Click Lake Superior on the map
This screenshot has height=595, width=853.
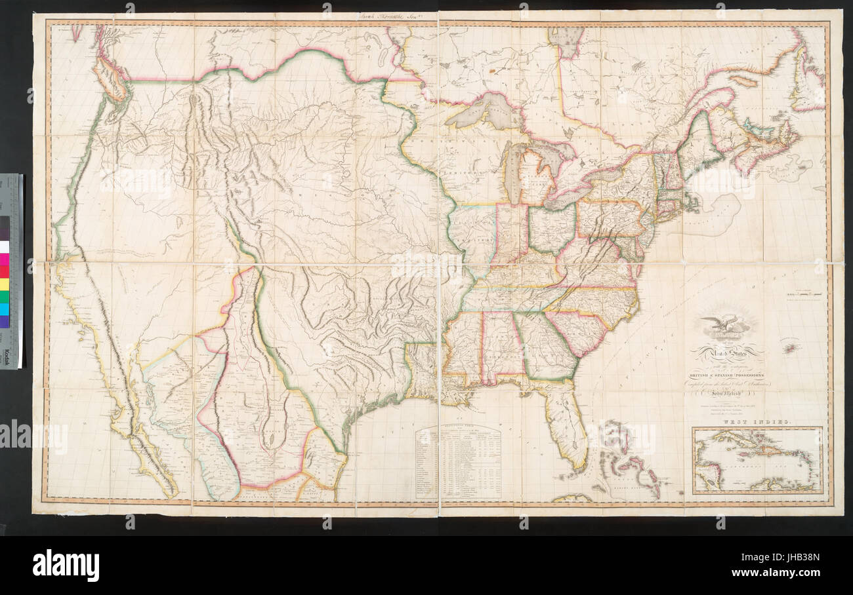[482, 111]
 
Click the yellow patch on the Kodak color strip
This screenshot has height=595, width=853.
[5, 284]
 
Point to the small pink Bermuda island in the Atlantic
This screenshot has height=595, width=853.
[790, 348]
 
